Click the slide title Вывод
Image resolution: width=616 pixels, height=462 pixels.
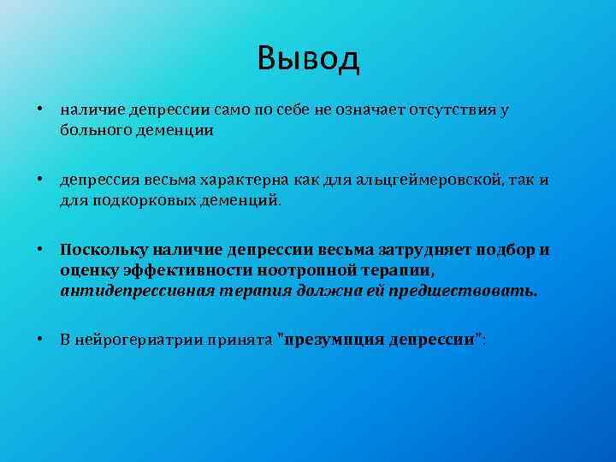[x=308, y=59]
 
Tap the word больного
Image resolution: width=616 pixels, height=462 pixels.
[x=91, y=131]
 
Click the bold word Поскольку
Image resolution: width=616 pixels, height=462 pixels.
[x=104, y=251]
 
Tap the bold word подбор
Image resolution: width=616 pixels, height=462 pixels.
[x=502, y=251]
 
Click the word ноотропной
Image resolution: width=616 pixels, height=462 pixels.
[x=294, y=270]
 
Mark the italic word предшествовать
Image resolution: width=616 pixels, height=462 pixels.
[x=477, y=290]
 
